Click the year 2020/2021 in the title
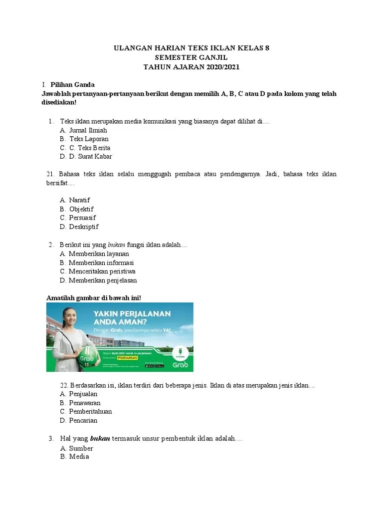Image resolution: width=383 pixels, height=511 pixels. pyautogui.click(x=224, y=67)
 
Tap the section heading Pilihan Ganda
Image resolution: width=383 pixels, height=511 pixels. pyautogui.click(x=72, y=84)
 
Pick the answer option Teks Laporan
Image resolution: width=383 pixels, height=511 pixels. pyautogui.click(x=89, y=139)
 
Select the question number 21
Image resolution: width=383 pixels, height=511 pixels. pyautogui.click(x=50, y=174)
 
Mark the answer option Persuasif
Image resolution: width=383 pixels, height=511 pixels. pyautogui.click(x=82, y=218)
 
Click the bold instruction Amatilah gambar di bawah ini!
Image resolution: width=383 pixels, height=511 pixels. pyautogui.click(x=94, y=298)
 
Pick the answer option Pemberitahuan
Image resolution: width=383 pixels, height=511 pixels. pyautogui.click(x=90, y=412)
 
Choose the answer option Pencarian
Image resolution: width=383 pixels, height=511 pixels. pyautogui.click(x=83, y=420)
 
